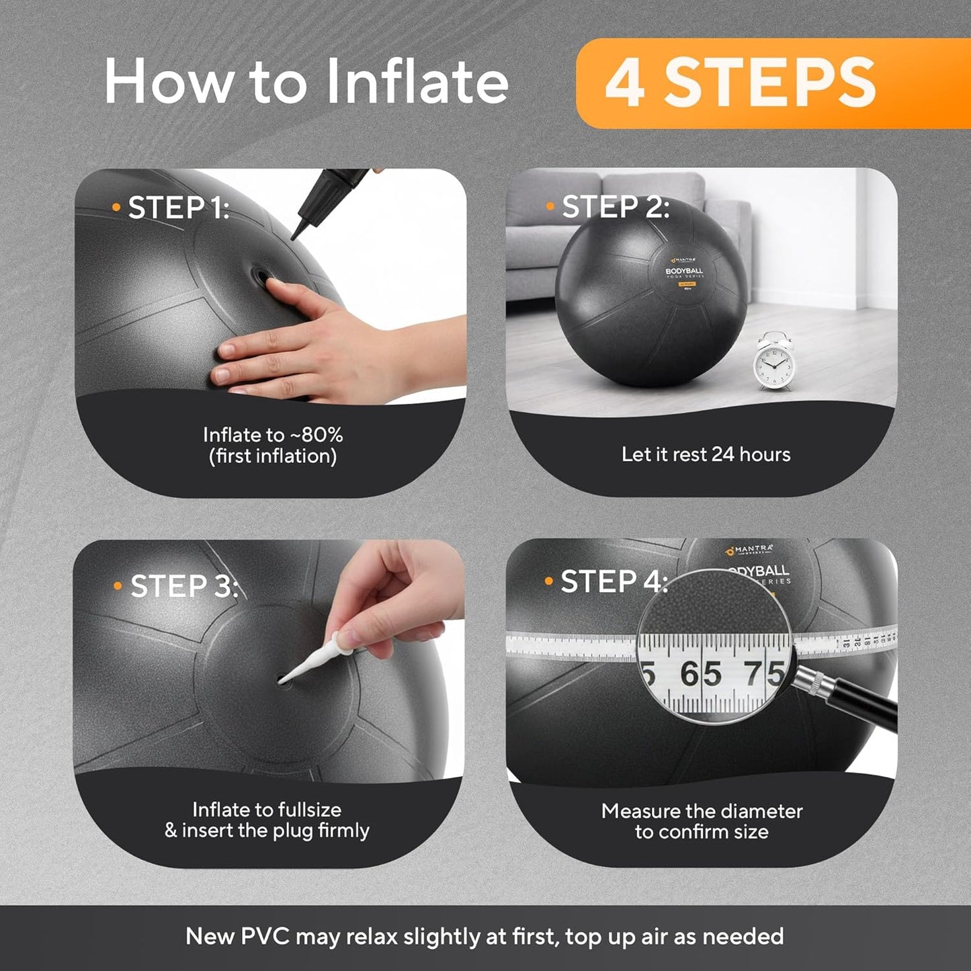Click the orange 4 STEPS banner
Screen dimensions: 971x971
point(773,83)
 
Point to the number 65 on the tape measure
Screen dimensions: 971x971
point(700,673)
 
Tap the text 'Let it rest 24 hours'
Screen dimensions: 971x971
point(706,454)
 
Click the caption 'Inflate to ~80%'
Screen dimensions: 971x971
point(273,435)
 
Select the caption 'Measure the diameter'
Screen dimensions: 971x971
point(702,811)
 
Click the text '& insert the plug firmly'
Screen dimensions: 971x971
point(267,831)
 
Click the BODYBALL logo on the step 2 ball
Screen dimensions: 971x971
point(684,271)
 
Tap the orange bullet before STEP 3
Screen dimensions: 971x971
point(118,586)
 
